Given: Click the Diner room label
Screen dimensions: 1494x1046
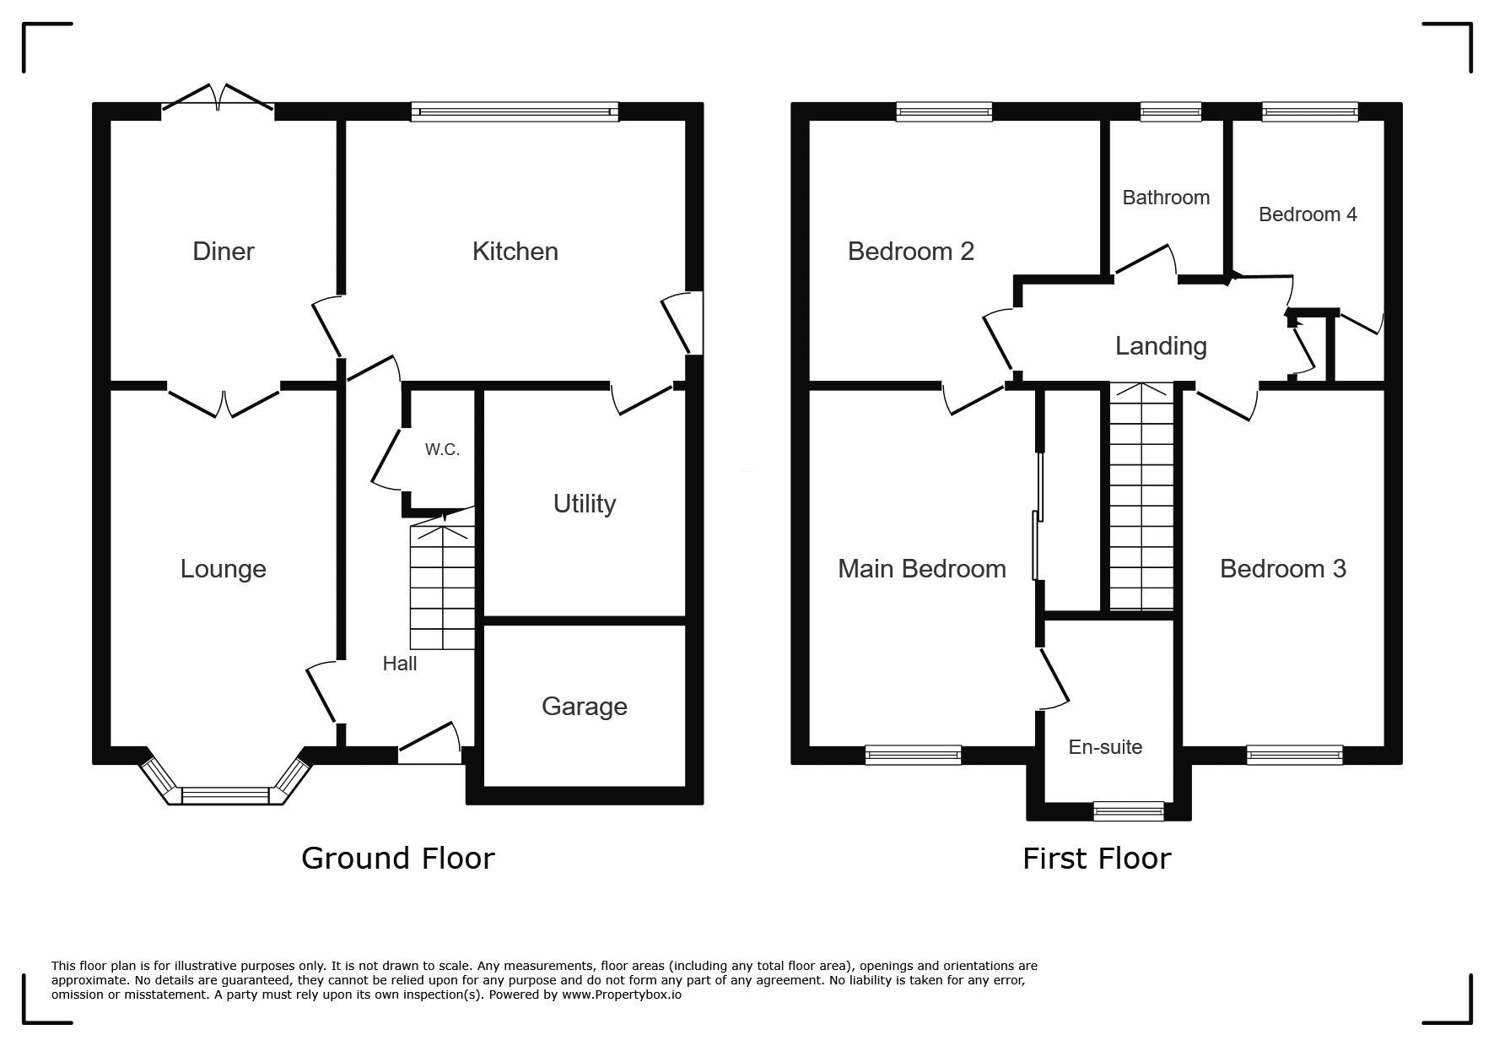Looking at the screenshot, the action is [x=224, y=251].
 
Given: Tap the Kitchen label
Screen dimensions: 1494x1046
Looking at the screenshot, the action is [x=515, y=251].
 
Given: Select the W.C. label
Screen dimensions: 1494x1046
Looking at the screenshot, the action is [x=442, y=449].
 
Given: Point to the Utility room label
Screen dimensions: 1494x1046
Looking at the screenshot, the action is [x=585, y=504].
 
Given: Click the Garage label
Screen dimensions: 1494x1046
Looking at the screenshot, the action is [x=585, y=706].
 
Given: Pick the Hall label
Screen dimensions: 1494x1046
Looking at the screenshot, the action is [x=400, y=664].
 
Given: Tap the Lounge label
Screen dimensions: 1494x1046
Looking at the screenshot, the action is [x=224, y=568].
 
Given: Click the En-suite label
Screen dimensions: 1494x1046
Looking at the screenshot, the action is [x=1105, y=747].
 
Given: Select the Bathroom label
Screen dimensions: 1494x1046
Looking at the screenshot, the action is [x=1166, y=198].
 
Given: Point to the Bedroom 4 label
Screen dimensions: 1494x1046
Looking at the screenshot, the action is [x=1308, y=214].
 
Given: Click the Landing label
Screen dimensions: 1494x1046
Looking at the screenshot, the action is [x=1161, y=346].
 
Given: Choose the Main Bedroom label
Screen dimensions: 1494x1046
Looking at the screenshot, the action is [x=922, y=568].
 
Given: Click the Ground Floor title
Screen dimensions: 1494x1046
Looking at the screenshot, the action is [x=398, y=858].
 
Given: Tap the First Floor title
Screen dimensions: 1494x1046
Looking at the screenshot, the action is [x=1097, y=859].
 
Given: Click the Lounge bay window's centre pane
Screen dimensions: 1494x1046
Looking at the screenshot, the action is [x=225, y=795].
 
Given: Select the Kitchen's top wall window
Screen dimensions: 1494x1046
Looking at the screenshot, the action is [x=515, y=111].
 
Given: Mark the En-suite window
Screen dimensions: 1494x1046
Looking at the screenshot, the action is [x=1129, y=810].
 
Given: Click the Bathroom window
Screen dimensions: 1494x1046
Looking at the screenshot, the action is [x=1171, y=111].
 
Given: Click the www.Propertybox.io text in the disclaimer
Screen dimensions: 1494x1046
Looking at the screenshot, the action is [x=621, y=995].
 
